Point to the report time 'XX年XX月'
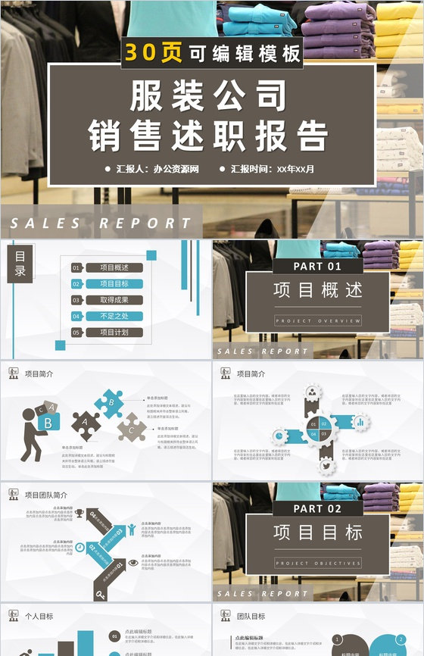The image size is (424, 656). (295, 169)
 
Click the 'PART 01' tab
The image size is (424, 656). (317, 267)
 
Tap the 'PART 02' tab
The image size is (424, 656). (317, 509)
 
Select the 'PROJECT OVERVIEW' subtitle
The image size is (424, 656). (318, 321)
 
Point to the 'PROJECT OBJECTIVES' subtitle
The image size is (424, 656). (318, 564)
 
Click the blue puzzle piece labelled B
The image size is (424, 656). (110, 403)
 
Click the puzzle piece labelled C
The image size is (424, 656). (132, 430)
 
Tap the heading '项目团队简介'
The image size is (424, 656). (46, 495)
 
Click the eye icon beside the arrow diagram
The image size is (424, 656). (133, 563)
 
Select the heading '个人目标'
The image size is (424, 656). (39, 617)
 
